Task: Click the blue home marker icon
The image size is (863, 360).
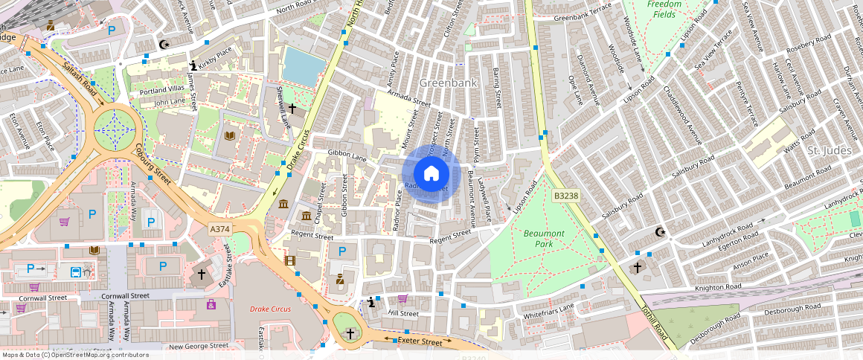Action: coord(431,173)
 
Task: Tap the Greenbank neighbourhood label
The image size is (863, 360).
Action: coord(448,83)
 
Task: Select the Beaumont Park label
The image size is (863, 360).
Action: coord(544,238)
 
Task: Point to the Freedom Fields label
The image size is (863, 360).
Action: coord(664,9)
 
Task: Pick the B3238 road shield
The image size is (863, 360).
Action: coord(565,196)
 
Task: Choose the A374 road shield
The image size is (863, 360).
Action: coord(220,229)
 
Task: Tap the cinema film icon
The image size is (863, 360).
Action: coord(289,260)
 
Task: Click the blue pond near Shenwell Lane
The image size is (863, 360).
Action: coord(304,65)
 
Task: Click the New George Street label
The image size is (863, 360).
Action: coord(199,346)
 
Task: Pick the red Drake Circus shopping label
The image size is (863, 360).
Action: coord(270,308)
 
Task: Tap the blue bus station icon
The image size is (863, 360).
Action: coord(76,271)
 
